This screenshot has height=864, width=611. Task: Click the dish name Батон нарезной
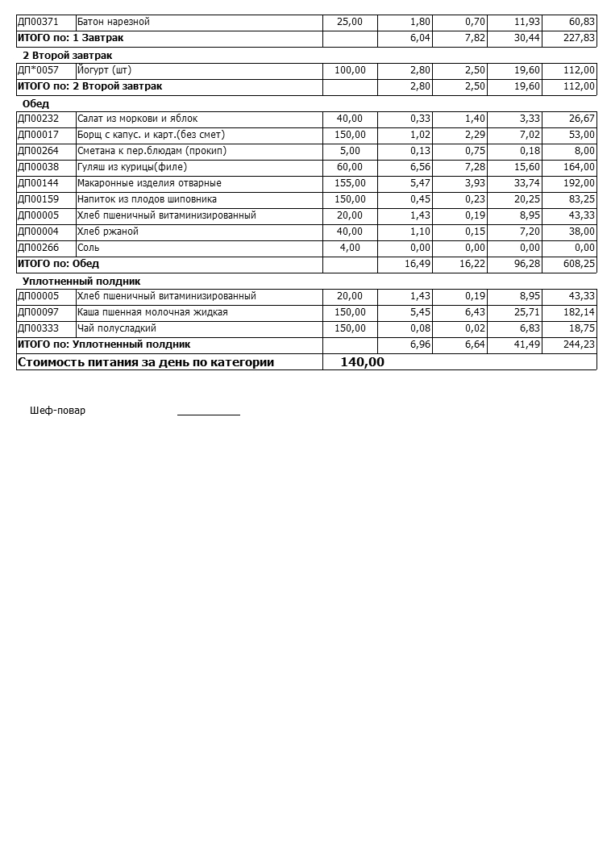click(114, 22)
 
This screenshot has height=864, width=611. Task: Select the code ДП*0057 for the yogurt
click(38, 70)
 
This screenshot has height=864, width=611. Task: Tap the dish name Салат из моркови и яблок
click(137, 119)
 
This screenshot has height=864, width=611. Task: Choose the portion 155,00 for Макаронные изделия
click(350, 183)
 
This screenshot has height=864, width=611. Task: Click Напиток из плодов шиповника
click(147, 199)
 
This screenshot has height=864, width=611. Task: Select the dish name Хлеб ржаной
click(108, 232)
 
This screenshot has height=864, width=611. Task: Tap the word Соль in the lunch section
click(89, 248)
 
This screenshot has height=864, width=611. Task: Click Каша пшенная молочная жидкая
click(152, 312)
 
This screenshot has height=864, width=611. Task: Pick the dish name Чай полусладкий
click(117, 328)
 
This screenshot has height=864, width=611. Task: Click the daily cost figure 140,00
click(363, 362)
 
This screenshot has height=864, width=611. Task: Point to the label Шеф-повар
click(57, 411)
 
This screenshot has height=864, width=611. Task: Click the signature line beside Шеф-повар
click(209, 413)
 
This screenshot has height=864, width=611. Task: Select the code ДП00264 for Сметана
click(38, 151)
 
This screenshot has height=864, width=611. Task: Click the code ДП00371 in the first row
click(38, 22)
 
